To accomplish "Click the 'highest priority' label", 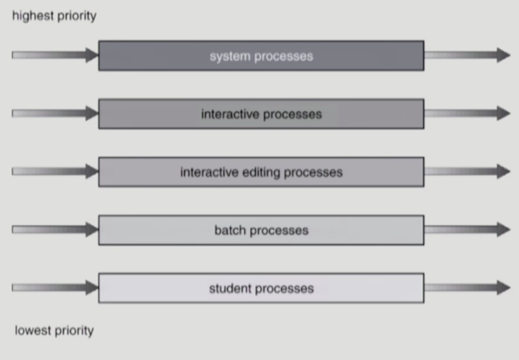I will pos(54,16).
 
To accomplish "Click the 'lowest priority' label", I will pos(54,330).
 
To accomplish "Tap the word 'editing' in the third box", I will pos(261,172).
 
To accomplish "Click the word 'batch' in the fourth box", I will pos(230,230).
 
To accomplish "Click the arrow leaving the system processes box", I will pos(467,55).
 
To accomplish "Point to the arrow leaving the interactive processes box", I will pos(467,113).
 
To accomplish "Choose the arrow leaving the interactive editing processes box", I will pos(467,171).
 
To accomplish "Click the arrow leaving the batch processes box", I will pos(467,229).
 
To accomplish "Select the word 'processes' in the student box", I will pos(284,288).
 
